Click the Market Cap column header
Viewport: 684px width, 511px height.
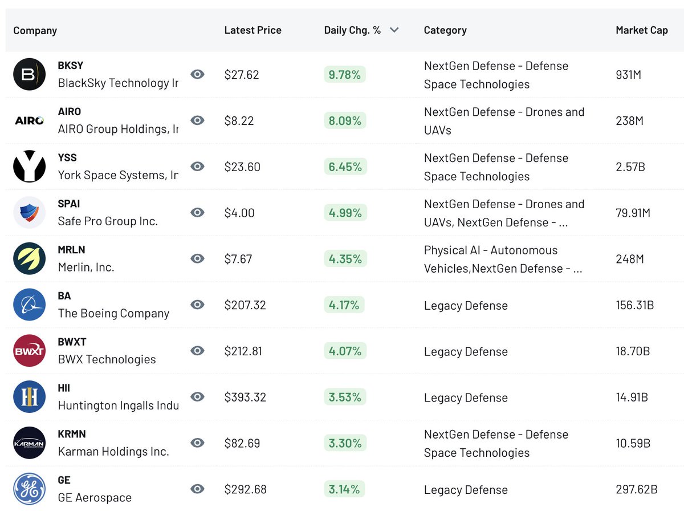pos(641,30)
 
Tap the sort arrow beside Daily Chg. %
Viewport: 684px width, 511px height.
pos(394,30)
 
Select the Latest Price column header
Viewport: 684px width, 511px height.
pos(253,30)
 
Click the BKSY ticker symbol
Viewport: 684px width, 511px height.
pos(71,66)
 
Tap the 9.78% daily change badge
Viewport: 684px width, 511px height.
pos(344,75)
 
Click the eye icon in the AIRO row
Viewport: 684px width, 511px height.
pos(197,120)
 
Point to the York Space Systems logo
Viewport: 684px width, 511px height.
pos(29,167)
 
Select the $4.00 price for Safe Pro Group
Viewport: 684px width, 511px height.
pos(239,213)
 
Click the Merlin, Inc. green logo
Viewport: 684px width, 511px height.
pos(29,258)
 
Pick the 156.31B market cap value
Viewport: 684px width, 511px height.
pos(634,305)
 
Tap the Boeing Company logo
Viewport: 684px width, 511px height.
pos(29,305)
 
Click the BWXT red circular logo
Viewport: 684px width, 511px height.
pos(29,351)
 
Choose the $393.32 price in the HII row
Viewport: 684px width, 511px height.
pos(245,397)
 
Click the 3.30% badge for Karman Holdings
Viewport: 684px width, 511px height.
pos(344,443)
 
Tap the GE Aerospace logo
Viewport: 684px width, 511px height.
pos(29,489)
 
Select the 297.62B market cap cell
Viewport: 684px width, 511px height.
pos(636,489)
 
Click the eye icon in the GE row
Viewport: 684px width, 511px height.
pos(197,489)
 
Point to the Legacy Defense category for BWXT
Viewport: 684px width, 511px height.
pos(466,351)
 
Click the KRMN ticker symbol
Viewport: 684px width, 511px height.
pos(72,434)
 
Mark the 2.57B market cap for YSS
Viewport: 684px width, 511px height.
pos(630,167)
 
